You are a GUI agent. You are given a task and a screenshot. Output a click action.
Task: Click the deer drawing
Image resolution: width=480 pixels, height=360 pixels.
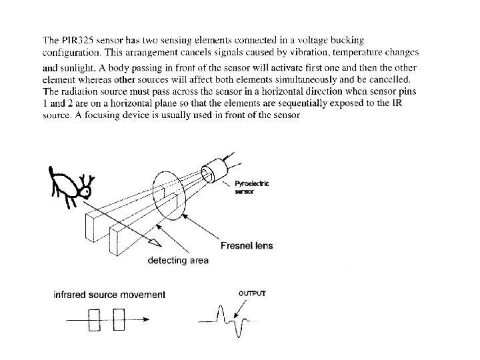click(x=70, y=185)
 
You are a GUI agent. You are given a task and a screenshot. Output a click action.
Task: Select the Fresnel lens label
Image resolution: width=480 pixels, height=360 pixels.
click(x=247, y=246)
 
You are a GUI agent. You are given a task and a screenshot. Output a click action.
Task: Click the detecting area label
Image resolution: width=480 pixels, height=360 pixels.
click(x=178, y=261)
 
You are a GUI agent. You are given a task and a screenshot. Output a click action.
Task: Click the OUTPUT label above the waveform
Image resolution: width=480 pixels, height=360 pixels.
click(x=252, y=293)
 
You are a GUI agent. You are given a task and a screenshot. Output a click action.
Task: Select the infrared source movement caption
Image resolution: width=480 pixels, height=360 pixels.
click(x=109, y=294)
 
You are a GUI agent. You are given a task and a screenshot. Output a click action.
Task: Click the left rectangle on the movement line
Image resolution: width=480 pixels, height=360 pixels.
click(x=93, y=319)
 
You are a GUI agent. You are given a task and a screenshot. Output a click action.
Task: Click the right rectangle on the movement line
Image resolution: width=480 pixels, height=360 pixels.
click(x=119, y=319)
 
